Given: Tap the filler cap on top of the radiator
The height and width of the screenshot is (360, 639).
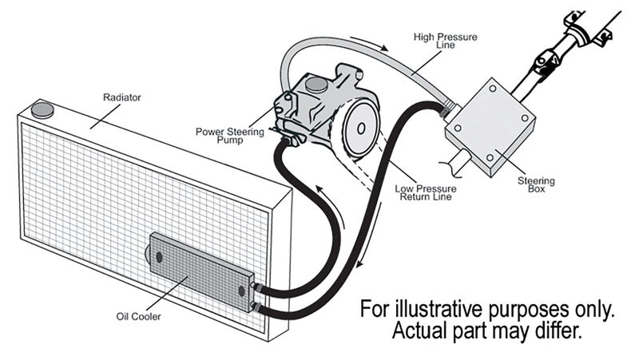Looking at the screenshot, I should pos(43,109).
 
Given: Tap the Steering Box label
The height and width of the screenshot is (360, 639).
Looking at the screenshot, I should pos(536,185).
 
